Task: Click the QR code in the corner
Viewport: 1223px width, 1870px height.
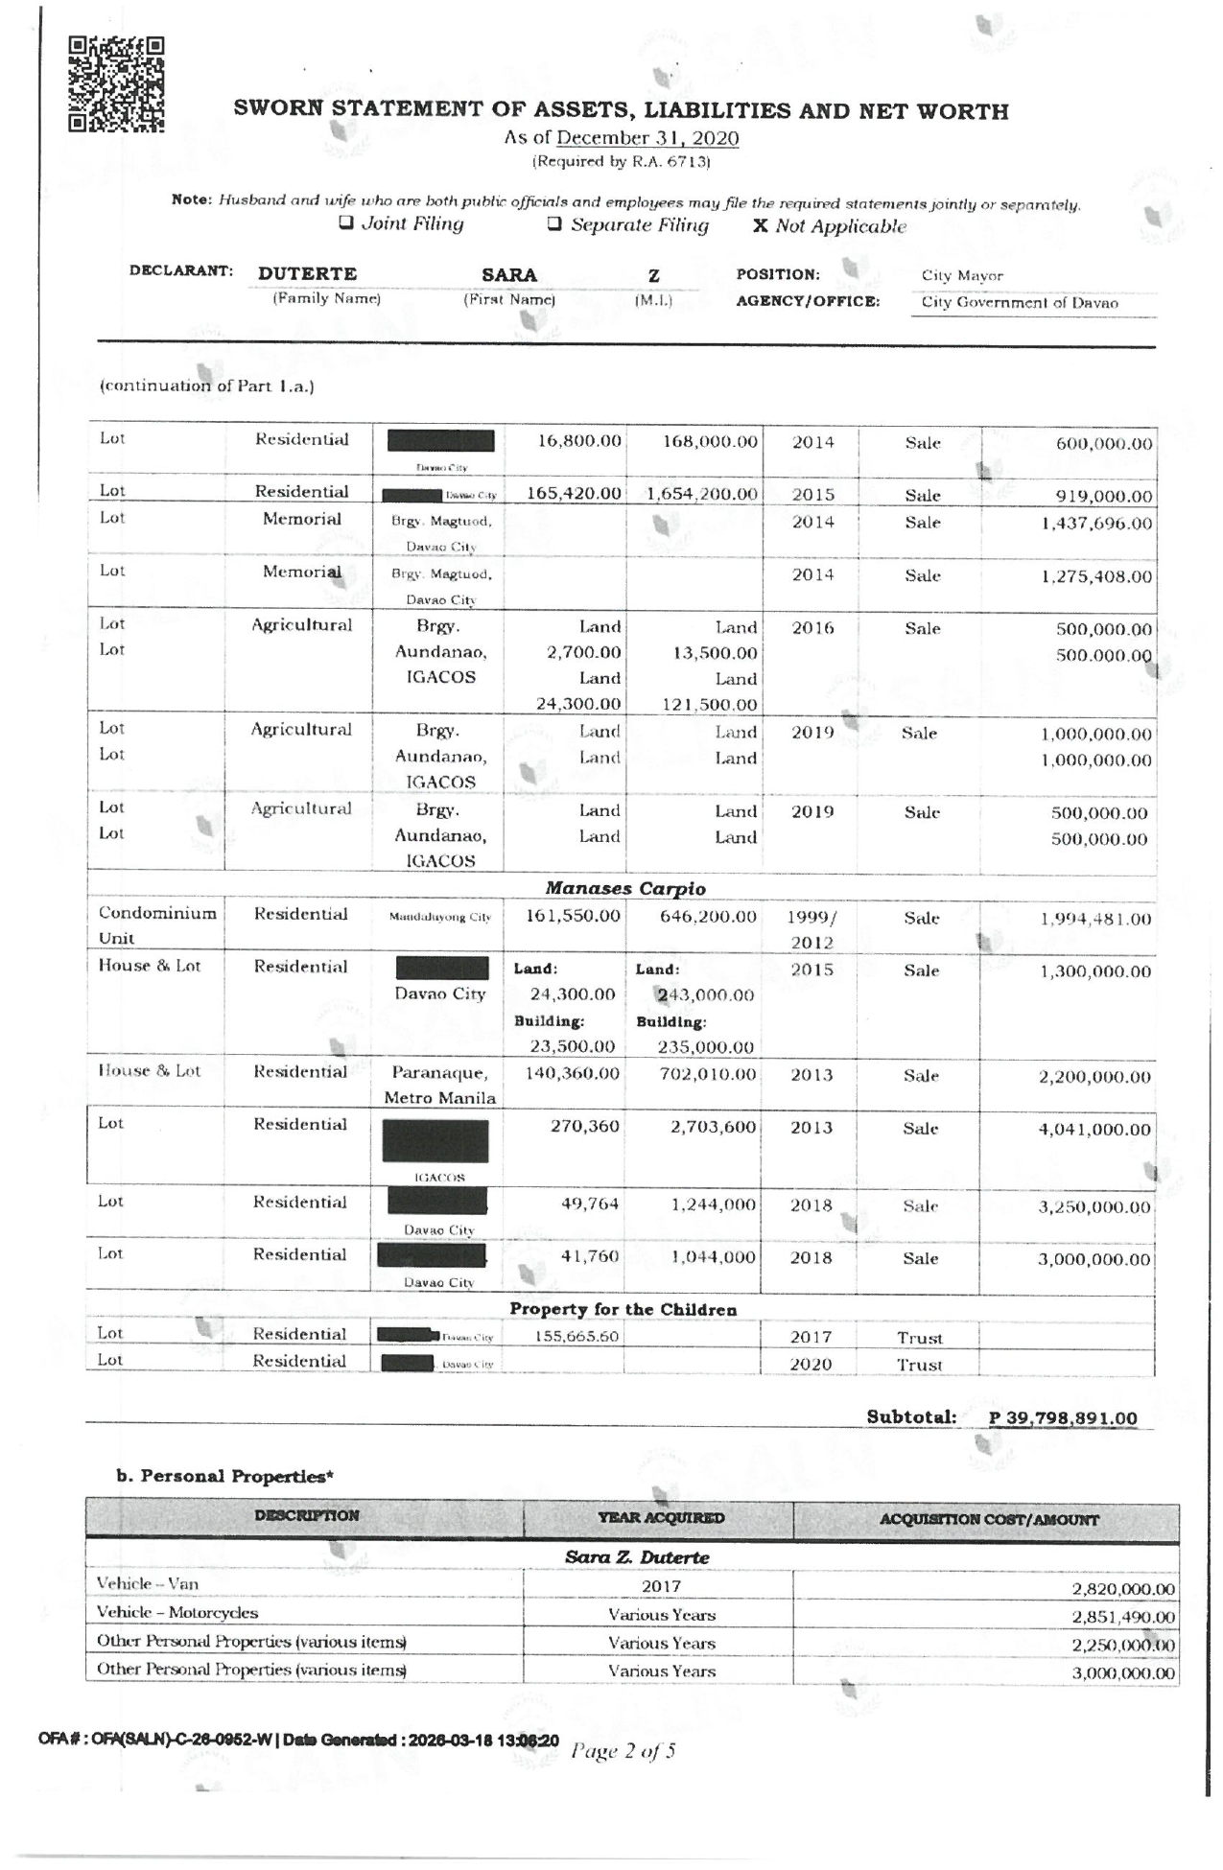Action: tap(116, 83)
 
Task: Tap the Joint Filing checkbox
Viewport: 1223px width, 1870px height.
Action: tap(345, 224)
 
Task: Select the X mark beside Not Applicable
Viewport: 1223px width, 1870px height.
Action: tap(760, 226)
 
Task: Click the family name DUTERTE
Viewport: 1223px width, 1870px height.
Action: tap(307, 274)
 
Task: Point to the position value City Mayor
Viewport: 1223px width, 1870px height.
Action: tap(962, 276)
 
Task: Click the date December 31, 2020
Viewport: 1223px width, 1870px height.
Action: tap(647, 138)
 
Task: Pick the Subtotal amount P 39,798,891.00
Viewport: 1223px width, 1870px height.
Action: tap(1064, 1418)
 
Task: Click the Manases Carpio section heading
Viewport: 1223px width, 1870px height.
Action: tap(624, 889)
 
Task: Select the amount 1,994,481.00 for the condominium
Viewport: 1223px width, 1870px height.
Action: tap(1095, 919)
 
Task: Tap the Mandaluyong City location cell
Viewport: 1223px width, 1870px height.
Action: tap(439, 917)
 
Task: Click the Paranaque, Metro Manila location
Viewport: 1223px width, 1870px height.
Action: tap(439, 1085)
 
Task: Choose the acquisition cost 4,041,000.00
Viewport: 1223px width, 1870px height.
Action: tap(1094, 1130)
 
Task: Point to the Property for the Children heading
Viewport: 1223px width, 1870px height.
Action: tap(623, 1309)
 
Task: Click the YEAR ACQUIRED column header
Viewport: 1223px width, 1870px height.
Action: tap(661, 1518)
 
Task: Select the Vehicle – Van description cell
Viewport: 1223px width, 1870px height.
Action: tap(148, 1583)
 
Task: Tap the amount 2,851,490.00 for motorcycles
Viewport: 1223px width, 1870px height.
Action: tap(1122, 1617)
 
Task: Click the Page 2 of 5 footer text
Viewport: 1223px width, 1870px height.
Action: tap(623, 1751)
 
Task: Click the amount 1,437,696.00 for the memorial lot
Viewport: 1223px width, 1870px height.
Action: tap(1096, 524)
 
